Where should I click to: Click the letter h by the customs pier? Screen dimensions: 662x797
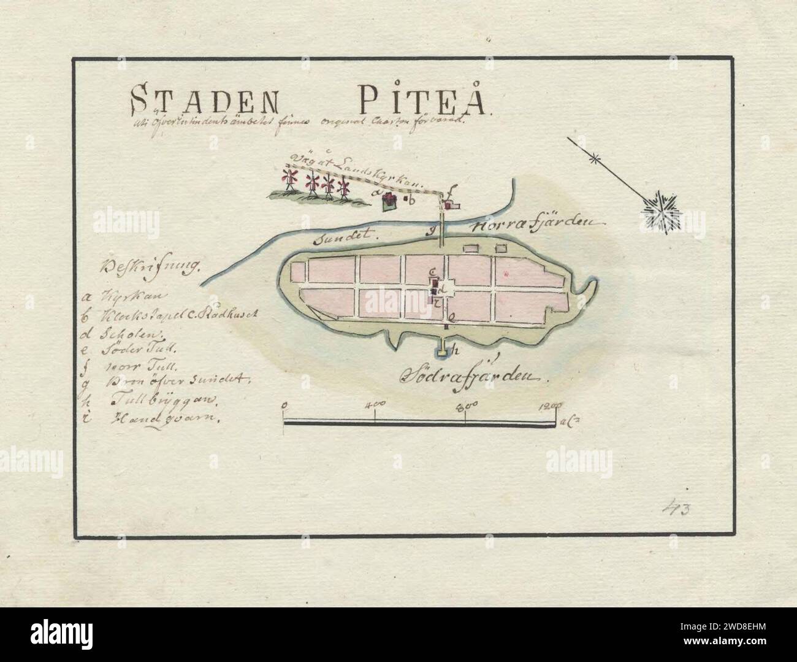[x=456, y=351]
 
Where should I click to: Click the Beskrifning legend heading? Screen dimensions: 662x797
[x=151, y=268]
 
